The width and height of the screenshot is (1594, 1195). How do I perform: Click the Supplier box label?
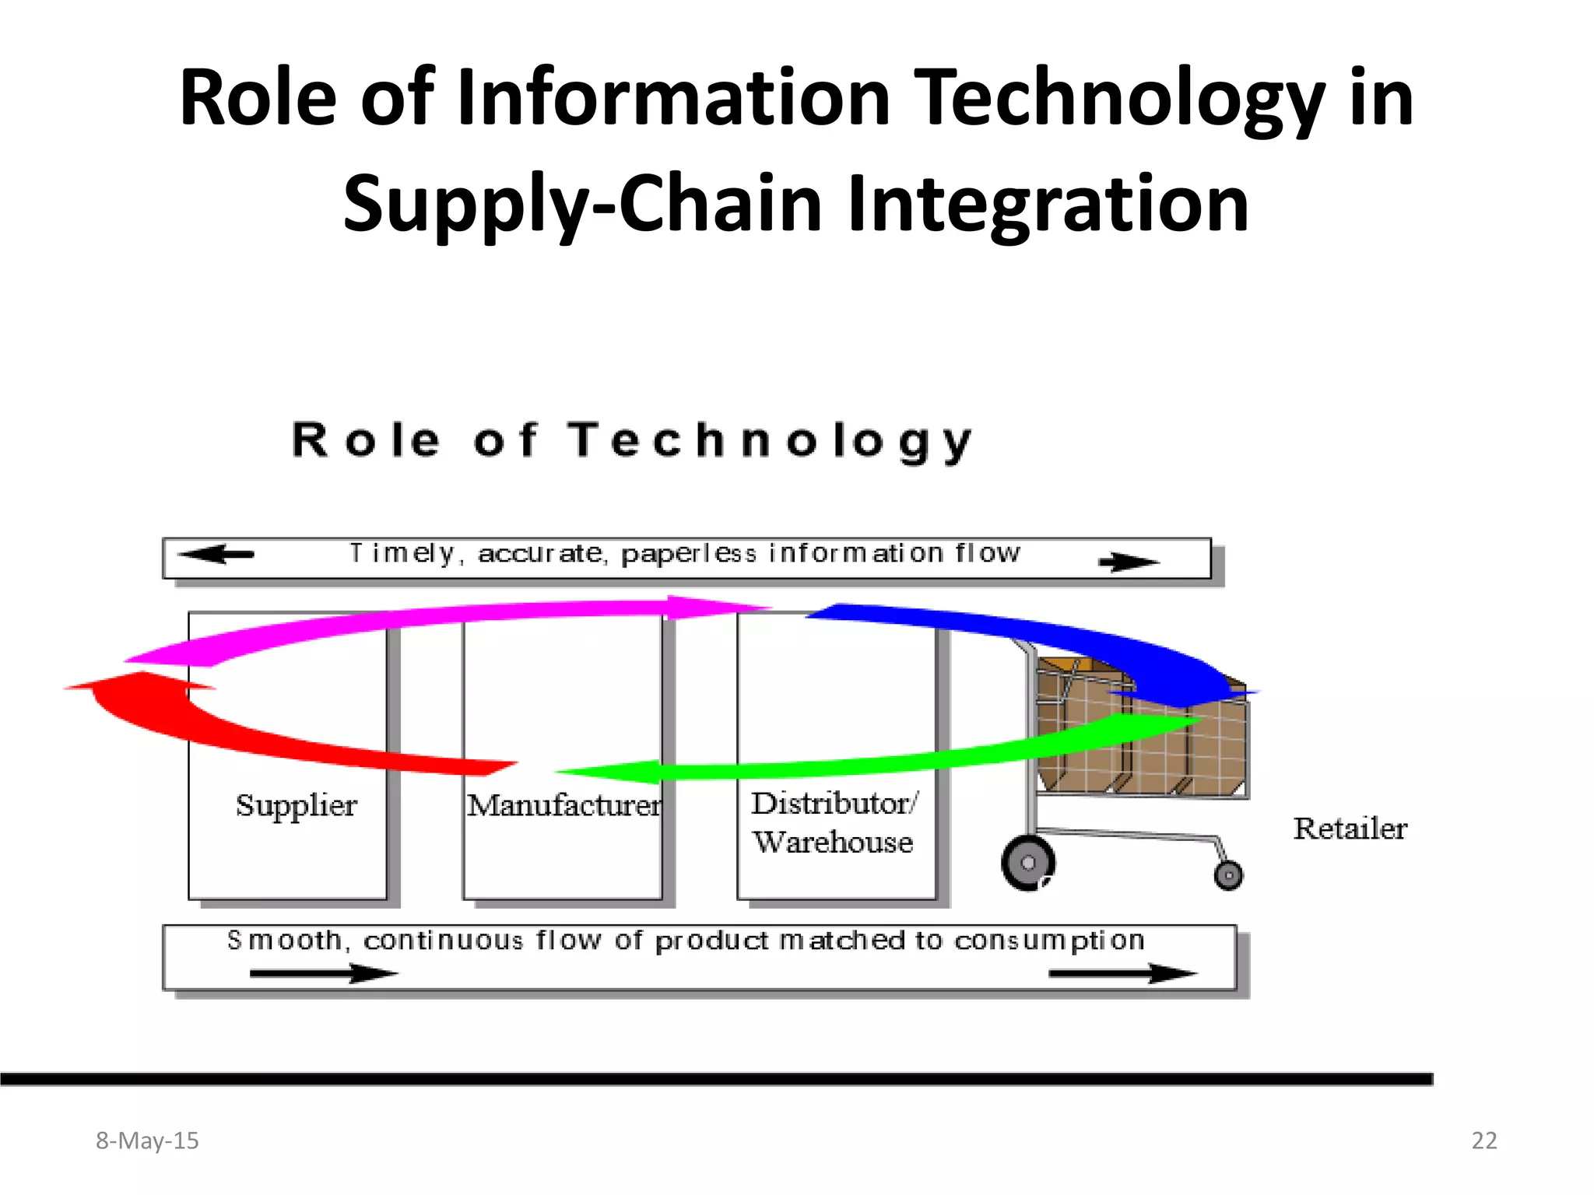[x=296, y=805]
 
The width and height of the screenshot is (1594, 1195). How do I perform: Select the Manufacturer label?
[x=564, y=805]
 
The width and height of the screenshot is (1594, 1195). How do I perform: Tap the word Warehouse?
[x=833, y=843]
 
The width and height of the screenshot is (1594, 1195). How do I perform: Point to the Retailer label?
[x=1350, y=829]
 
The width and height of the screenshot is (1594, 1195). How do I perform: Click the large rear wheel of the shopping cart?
[x=1027, y=863]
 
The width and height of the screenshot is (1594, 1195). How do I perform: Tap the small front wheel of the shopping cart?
[x=1228, y=876]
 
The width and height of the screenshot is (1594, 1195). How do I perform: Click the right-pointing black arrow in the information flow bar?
[x=1129, y=562]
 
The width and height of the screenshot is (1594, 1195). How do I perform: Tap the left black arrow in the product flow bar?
[x=323, y=973]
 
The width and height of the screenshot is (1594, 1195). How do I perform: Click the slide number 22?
[x=1483, y=1141]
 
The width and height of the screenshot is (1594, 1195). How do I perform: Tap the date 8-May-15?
[x=147, y=1141]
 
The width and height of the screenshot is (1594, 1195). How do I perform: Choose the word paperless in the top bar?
[x=688, y=554]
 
